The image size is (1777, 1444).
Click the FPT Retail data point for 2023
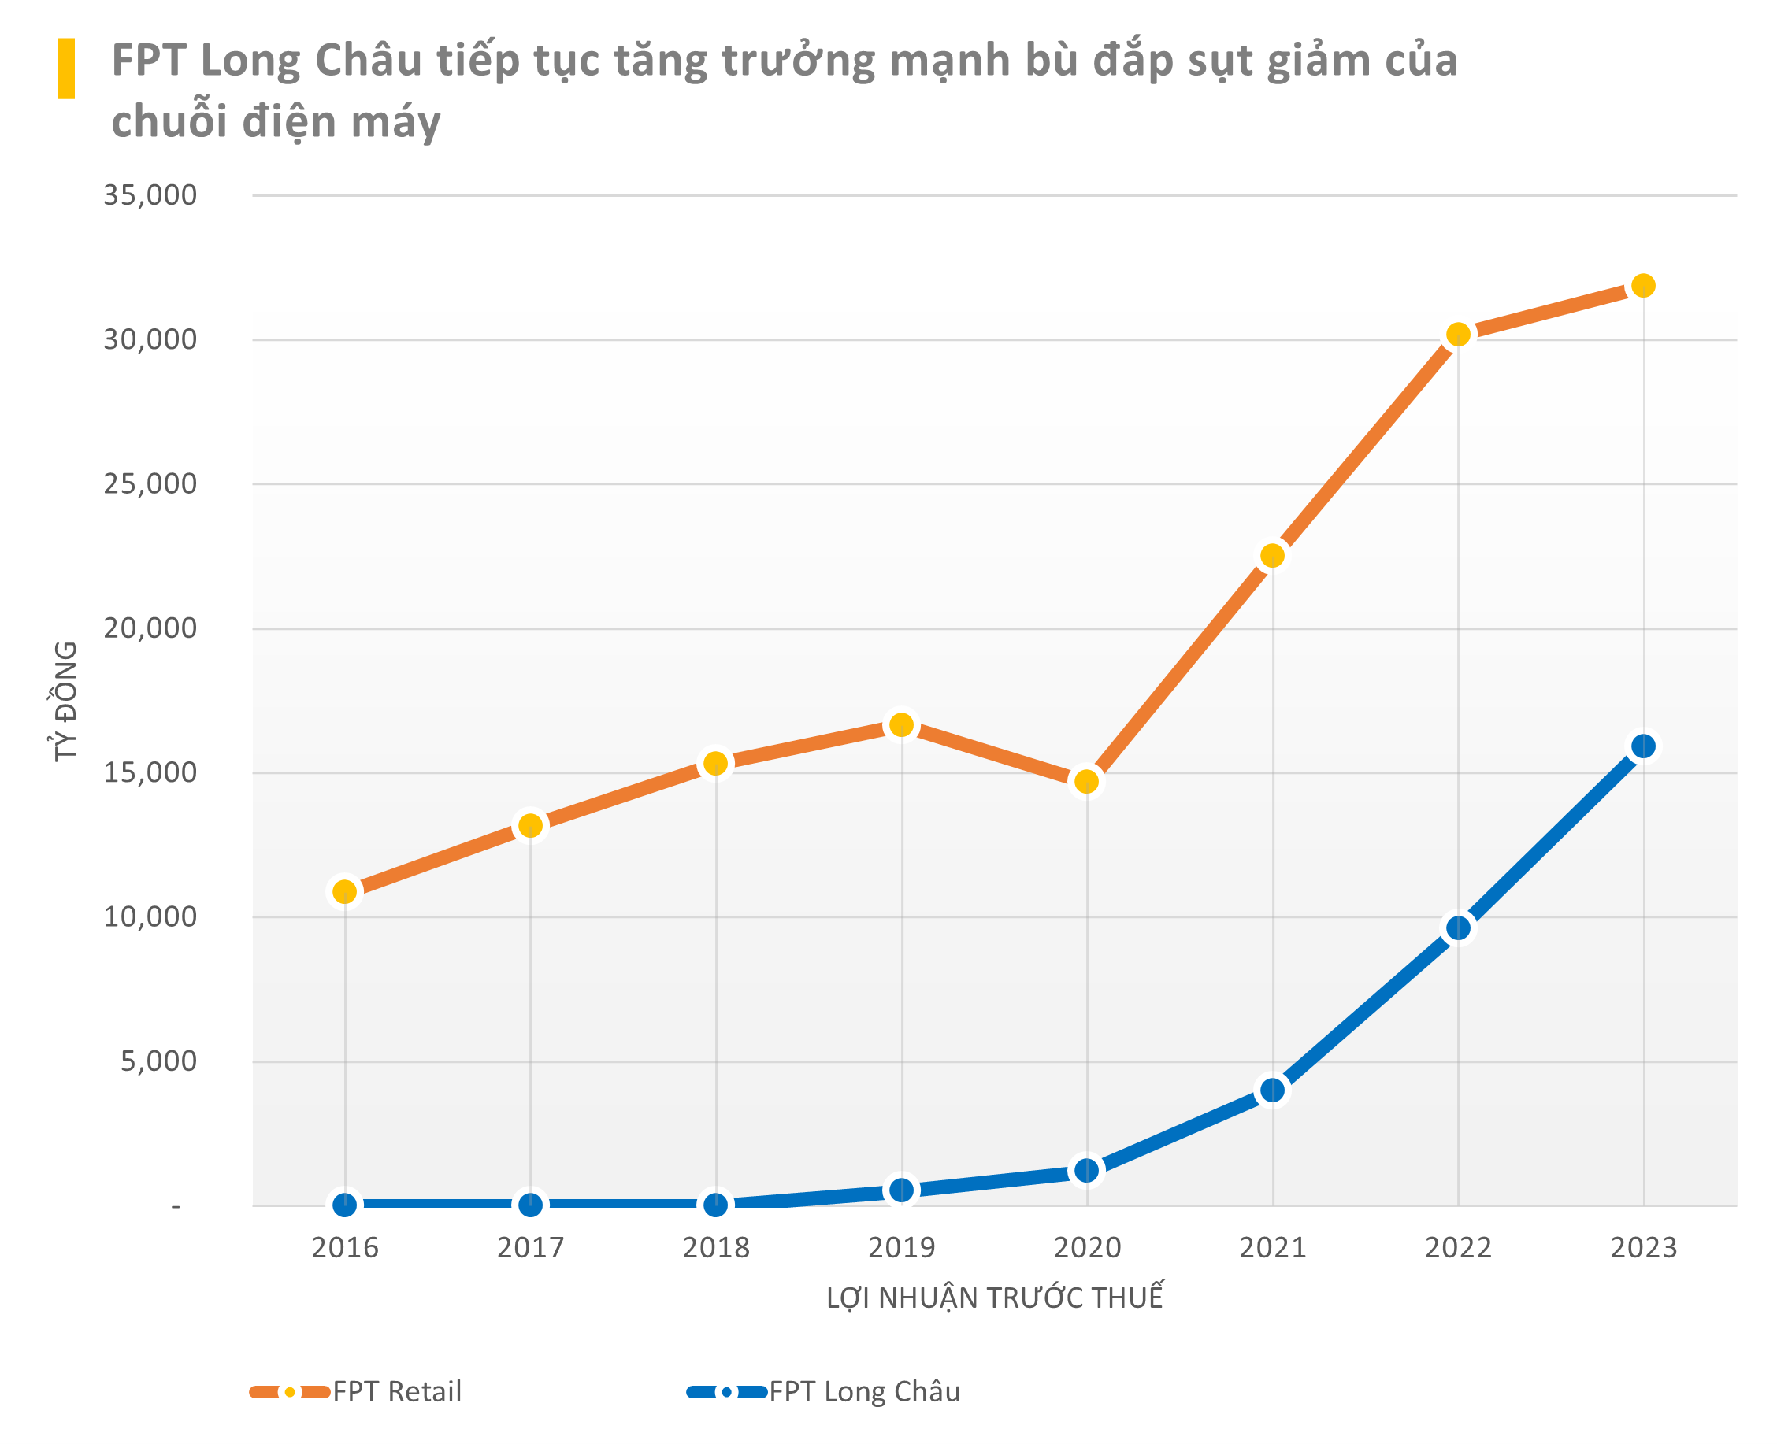click(1642, 285)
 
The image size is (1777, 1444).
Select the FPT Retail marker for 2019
click(901, 724)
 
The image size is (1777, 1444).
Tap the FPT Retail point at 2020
click(1086, 781)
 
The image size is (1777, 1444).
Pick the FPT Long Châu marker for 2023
click(1642, 746)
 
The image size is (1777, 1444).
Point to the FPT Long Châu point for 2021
click(1272, 1090)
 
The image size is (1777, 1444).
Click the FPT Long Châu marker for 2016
click(344, 1205)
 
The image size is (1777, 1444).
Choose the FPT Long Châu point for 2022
click(1457, 928)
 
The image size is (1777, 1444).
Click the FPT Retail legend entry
click(356, 1391)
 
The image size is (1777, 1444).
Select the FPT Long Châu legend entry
click(824, 1391)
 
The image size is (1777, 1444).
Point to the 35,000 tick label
click(150, 195)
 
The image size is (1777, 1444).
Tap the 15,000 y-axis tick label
click(150, 772)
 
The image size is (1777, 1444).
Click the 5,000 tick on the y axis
click(158, 1061)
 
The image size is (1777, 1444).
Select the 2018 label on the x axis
click(715, 1248)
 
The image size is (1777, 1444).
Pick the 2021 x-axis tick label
click(1272, 1248)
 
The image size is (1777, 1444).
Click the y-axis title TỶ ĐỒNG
click(65, 701)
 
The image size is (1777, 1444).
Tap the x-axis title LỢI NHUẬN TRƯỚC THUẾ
click(994, 1298)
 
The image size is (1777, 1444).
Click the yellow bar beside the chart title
click(66, 68)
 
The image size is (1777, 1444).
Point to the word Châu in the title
click(368, 61)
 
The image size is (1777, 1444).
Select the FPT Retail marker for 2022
click(1457, 335)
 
